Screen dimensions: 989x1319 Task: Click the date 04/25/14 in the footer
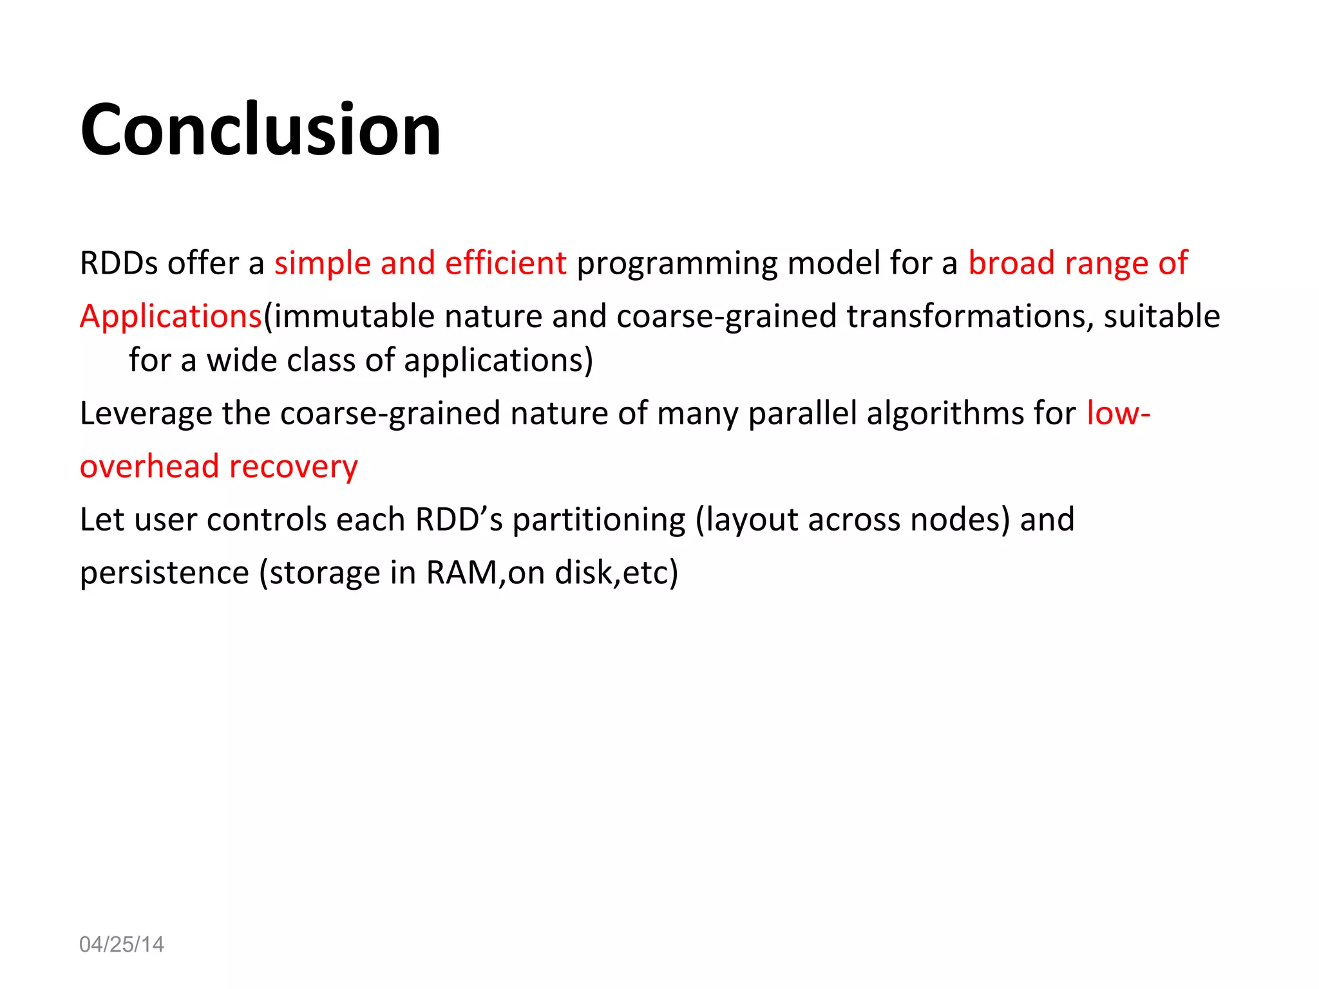[121, 944]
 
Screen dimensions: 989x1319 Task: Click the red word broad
[1011, 263]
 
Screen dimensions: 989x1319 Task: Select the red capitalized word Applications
[171, 317]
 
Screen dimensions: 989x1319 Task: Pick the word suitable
[1161, 317]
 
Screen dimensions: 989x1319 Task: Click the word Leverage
[146, 414]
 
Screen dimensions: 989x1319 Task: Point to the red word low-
[1117, 413]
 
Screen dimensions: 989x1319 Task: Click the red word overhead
[149, 466]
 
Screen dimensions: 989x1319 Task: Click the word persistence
[164, 573]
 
